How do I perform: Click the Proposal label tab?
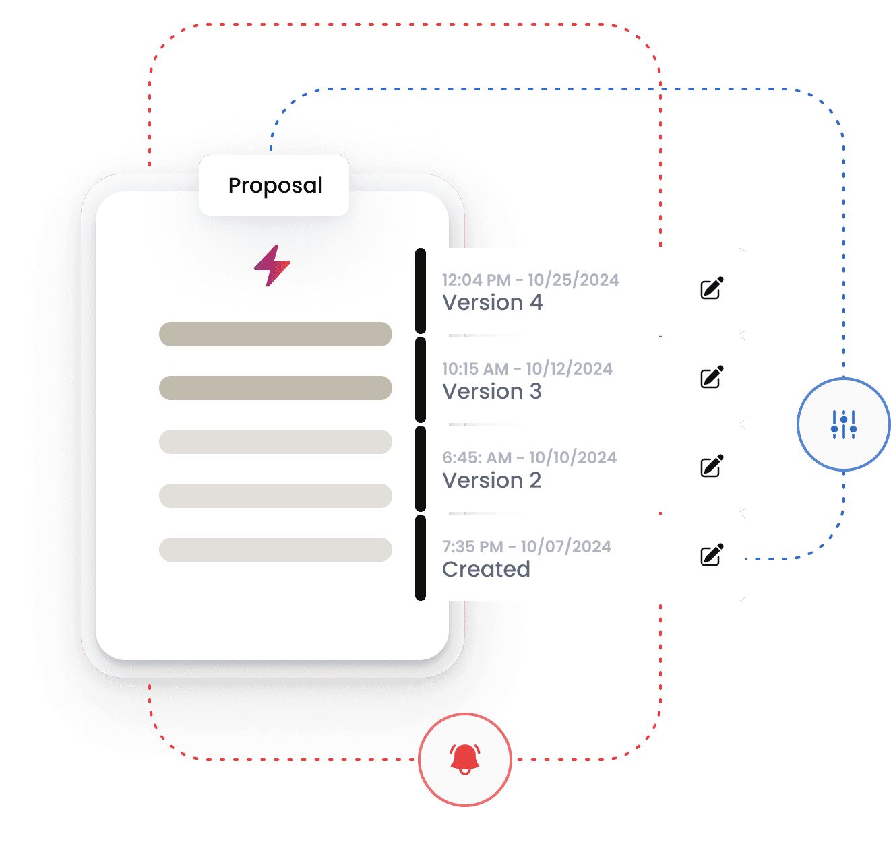pos(274,185)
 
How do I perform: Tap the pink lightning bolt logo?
pos(272,265)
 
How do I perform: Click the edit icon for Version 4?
pos(712,288)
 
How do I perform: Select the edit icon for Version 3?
pos(712,377)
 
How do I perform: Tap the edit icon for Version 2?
pos(712,466)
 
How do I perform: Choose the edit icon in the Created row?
pos(712,555)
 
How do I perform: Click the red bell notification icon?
pos(465,759)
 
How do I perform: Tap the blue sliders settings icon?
pos(844,424)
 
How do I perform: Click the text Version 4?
pos(492,303)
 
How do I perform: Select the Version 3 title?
pos(492,392)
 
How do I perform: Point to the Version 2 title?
pos(492,481)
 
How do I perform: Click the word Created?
pos(486,570)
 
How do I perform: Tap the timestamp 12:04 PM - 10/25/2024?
pos(530,280)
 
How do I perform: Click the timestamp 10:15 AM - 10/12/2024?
pos(527,369)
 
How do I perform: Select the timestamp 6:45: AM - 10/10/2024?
pos(529,458)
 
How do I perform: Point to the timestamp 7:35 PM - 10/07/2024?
pos(526,547)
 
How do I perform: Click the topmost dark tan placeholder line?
pos(275,334)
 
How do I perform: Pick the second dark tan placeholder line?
pos(275,388)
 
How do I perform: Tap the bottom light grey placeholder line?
pos(275,550)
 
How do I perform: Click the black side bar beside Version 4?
pos(421,291)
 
